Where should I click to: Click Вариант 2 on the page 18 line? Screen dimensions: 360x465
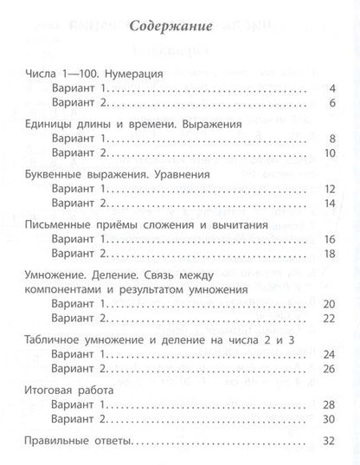(x=77, y=258)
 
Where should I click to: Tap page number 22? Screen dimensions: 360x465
(x=330, y=319)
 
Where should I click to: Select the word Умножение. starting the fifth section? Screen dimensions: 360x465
(x=49, y=274)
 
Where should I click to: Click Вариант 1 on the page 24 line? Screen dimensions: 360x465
(x=77, y=355)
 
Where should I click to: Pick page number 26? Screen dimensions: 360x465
(x=330, y=370)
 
